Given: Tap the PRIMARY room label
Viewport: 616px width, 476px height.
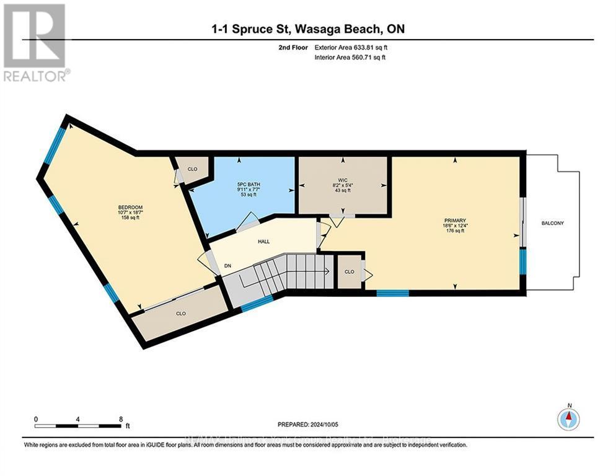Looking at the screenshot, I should coord(454,219).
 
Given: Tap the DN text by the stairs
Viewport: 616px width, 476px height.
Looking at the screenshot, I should coord(227,265).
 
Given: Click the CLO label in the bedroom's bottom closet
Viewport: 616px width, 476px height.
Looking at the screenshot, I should coord(181,314).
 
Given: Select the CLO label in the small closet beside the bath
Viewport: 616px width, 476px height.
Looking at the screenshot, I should coord(193,169).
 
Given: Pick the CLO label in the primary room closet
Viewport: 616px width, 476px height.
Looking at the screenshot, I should coord(349,271).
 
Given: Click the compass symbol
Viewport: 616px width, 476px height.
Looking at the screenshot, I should coord(568,420).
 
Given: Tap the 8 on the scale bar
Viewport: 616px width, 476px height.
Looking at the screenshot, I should coord(120,419).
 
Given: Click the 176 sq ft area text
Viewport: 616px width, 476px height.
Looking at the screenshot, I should coord(454,231).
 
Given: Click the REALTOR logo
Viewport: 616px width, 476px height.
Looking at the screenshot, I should coord(35,42).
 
